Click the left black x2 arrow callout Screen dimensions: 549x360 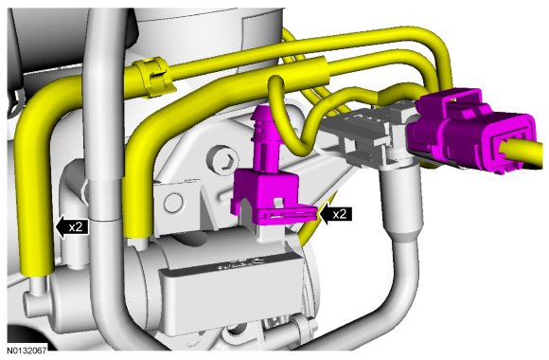click(x=72, y=227)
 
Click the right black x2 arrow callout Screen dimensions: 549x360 click(x=335, y=214)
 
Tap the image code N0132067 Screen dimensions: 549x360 click(x=27, y=351)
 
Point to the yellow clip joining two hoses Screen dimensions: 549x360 click(x=155, y=78)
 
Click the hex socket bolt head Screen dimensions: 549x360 click(x=223, y=159)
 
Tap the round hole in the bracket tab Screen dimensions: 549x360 click(x=173, y=203)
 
